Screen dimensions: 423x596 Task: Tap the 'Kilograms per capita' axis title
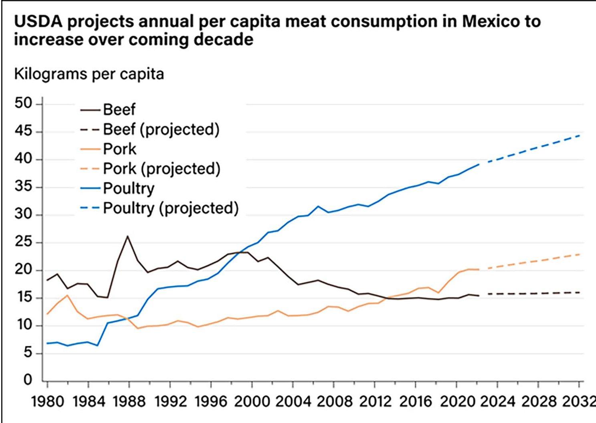coord(89,74)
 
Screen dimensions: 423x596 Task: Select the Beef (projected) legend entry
coord(161,129)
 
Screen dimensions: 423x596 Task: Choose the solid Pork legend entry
coord(119,149)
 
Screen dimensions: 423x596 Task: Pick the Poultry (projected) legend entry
coord(170,208)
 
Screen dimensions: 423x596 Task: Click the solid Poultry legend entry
coord(128,188)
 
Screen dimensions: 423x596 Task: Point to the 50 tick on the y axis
coord(23,104)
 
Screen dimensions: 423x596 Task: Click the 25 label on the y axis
coord(23,243)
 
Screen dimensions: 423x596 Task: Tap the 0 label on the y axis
coord(27,379)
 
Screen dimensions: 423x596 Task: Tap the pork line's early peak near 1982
coord(67,295)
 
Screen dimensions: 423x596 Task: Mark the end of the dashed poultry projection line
coord(579,136)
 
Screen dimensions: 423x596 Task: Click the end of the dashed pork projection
coord(579,254)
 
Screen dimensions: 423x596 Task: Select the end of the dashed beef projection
coord(579,293)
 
